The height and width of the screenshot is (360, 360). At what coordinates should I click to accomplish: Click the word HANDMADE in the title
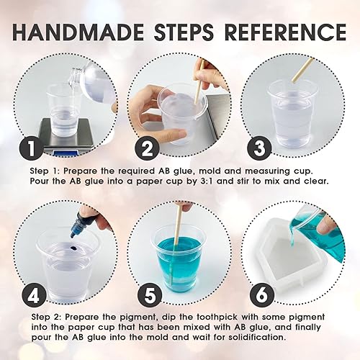[78, 32]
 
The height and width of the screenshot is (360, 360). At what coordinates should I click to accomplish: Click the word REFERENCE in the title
[286, 32]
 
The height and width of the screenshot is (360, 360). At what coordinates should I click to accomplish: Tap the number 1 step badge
[32, 148]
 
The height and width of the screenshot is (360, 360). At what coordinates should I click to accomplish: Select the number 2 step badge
[147, 148]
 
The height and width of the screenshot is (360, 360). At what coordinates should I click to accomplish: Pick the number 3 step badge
[259, 147]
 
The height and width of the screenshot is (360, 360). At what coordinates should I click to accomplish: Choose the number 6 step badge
[262, 295]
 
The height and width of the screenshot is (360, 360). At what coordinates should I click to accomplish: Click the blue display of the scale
[66, 153]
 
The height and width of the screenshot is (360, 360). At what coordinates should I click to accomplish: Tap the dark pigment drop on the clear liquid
[73, 246]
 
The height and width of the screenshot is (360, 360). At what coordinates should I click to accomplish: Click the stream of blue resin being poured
[293, 236]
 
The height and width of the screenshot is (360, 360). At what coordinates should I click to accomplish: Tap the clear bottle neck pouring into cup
[75, 77]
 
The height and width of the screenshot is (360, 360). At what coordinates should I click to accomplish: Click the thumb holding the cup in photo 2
[176, 132]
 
